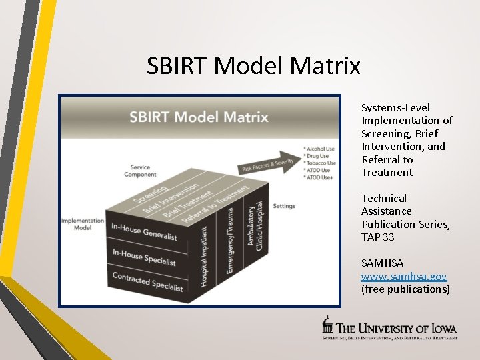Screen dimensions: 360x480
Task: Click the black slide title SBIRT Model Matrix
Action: pyautogui.click(x=253, y=66)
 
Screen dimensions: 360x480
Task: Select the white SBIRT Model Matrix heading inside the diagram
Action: pyautogui.click(x=199, y=118)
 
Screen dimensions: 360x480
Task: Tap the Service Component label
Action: pyautogui.click(x=140, y=171)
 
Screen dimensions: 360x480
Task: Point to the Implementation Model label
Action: pyautogui.click(x=83, y=224)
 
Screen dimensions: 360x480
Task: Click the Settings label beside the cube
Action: pyautogui.click(x=284, y=206)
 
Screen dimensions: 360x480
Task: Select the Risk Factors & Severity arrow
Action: pyautogui.click(x=267, y=164)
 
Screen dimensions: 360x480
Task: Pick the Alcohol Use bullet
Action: pyautogui.click(x=321, y=149)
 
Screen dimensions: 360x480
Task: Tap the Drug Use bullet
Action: pyautogui.click(x=319, y=156)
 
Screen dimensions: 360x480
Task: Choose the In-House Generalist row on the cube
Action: pyautogui.click(x=144, y=232)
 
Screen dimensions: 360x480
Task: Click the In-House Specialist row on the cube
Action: pyautogui.click(x=144, y=257)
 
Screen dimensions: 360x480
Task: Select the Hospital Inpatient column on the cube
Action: pyautogui.click(x=204, y=257)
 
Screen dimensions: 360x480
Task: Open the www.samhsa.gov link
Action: pyautogui.click(x=403, y=276)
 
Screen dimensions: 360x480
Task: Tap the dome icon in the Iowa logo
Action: pyautogui.click(x=327, y=325)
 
